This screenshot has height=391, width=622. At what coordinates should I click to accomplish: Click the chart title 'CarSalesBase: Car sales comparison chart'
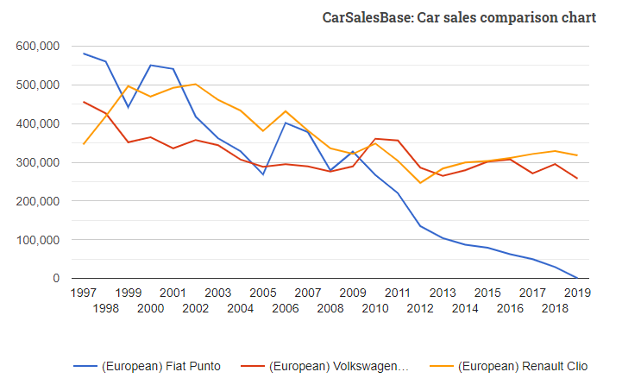point(459,17)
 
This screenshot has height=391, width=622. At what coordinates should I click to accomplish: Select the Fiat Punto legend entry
point(160,366)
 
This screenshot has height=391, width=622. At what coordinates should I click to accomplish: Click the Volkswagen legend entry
point(338,366)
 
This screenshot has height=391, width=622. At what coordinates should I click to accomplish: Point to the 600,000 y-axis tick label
point(37,46)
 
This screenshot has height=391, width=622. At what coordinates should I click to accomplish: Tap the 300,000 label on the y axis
point(37,162)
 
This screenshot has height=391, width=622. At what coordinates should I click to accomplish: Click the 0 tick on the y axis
point(56,278)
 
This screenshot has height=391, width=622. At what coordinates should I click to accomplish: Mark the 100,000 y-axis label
point(37,240)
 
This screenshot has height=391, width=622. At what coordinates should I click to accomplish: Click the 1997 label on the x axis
point(84,293)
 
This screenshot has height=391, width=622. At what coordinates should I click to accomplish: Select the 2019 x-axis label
point(576,293)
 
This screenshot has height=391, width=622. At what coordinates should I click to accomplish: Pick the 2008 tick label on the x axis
point(330,308)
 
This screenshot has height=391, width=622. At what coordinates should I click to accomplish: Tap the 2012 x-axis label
point(420,308)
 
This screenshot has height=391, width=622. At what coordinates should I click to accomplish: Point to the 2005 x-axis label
point(263,293)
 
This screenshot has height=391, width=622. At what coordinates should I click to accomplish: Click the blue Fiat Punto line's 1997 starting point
point(84,54)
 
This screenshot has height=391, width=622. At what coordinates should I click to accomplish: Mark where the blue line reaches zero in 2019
point(576,278)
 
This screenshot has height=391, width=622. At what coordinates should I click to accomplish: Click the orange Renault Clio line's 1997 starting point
point(84,143)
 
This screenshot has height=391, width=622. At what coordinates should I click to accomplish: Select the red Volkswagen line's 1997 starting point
point(84,102)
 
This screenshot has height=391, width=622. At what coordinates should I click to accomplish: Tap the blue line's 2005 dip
point(263,174)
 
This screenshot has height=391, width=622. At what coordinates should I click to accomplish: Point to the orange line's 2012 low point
point(420,183)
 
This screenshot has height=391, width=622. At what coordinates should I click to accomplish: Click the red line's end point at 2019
point(576,179)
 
